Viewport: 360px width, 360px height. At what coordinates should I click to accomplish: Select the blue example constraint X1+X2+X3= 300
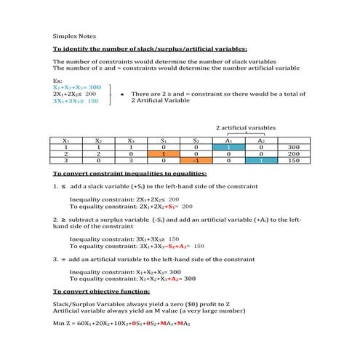click(77, 87)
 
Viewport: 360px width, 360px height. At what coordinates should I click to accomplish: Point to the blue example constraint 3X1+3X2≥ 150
click(76, 102)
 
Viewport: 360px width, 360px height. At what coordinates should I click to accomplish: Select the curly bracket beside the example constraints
click(110, 95)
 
